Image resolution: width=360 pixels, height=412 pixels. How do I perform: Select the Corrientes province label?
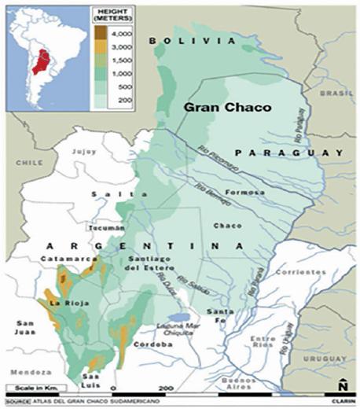pyautogui.click(x=305, y=272)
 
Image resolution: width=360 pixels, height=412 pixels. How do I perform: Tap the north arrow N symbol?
pyautogui.click(x=343, y=385)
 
